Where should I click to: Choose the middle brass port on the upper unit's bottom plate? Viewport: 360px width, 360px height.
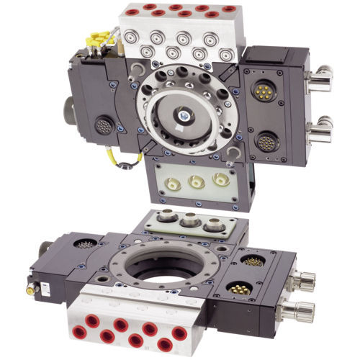tap(194, 183)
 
